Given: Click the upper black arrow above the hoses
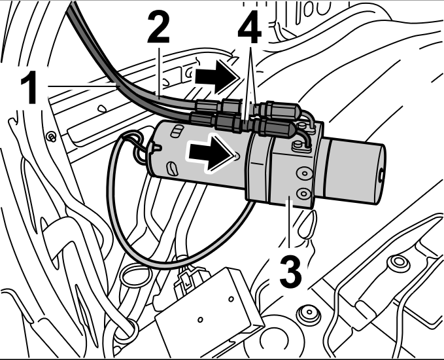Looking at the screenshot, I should (x=214, y=77).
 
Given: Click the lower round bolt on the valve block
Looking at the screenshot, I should (x=303, y=194).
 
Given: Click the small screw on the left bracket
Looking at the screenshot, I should (x=50, y=136).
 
